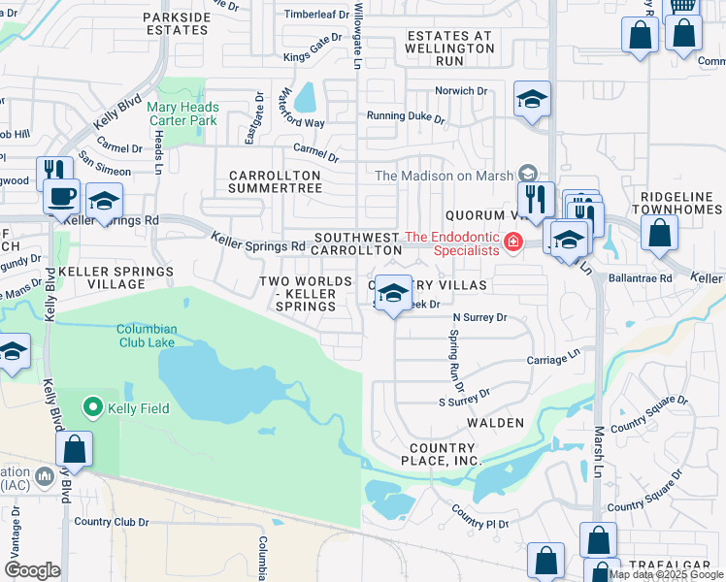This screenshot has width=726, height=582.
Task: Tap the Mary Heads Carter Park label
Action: click(183, 114)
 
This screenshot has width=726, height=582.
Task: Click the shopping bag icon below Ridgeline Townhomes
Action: click(659, 234)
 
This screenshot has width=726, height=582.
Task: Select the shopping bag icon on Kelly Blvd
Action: click(75, 450)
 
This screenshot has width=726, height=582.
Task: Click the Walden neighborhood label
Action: click(495, 423)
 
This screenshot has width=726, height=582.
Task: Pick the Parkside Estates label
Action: click(176, 23)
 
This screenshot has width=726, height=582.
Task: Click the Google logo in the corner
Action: click(31, 570)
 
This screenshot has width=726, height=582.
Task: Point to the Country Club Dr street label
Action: click(111, 522)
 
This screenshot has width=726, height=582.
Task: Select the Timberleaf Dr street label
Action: click(316, 15)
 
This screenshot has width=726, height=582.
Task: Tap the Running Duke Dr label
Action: click(405, 117)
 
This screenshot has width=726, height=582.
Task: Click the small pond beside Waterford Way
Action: click(305, 97)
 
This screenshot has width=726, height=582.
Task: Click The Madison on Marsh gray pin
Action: click(528, 174)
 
